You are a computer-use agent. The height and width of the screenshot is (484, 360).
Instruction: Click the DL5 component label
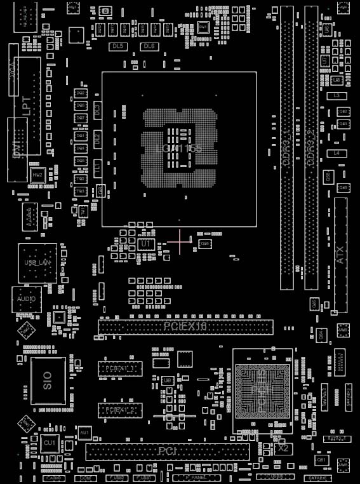[117, 47]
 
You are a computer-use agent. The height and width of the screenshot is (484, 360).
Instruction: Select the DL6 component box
[149, 47]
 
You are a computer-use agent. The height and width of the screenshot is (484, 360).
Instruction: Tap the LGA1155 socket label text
[179, 149]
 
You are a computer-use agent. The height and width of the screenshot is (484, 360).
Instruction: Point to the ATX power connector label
[340, 255]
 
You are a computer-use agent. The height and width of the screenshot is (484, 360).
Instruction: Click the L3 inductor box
[337, 96]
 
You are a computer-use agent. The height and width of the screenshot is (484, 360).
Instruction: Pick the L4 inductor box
[337, 154]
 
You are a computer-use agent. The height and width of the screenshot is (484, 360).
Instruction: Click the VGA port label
[13, 70]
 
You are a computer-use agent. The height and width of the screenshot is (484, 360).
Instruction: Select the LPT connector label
[27, 105]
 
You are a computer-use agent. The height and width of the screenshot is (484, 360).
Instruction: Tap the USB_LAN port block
[37, 262]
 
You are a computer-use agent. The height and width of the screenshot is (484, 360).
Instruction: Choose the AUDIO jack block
[27, 299]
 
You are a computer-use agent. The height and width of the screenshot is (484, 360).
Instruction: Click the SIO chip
[48, 380]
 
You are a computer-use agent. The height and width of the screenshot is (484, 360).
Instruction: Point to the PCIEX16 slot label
[185, 326]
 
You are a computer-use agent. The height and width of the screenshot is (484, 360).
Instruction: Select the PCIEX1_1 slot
[120, 368]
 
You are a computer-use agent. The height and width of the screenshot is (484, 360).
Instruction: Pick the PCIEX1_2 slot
[120, 410]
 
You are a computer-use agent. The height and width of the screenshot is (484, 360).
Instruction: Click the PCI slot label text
[168, 452]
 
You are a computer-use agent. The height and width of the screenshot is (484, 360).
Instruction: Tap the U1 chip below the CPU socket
[146, 244]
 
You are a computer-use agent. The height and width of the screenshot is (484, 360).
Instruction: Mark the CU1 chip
[50, 442]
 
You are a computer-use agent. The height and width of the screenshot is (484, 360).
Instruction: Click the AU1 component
[84, 433]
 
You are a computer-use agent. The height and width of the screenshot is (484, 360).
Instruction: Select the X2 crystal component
[283, 448]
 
